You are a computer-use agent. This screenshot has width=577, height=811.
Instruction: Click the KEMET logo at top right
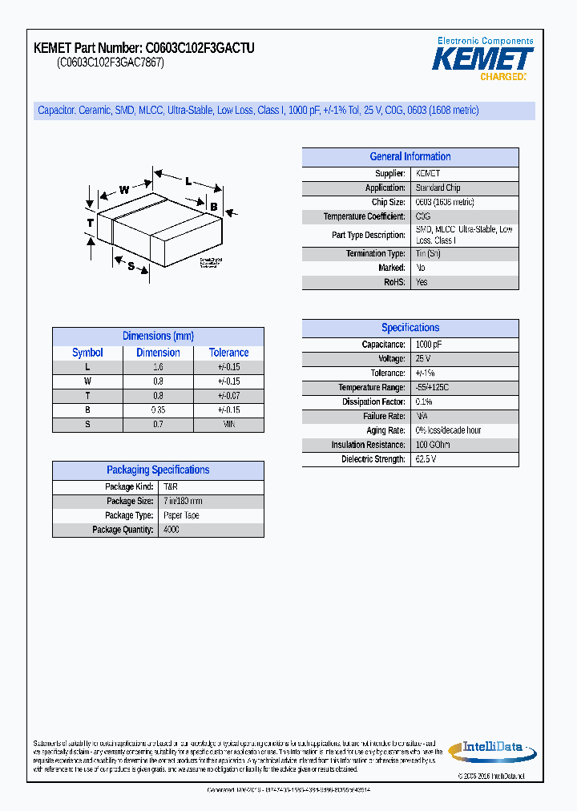pos(482,59)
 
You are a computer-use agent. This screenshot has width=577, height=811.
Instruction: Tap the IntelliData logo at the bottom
pos(491,751)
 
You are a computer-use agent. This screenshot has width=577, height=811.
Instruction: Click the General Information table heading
pos(410,157)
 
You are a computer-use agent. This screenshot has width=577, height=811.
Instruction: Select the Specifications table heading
pos(410,328)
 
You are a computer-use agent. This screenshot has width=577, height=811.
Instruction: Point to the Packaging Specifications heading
pos(158,470)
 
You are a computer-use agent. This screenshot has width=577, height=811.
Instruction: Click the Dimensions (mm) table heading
pos(158,337)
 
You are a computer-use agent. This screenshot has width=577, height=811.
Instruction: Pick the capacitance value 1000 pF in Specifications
pos(429,345)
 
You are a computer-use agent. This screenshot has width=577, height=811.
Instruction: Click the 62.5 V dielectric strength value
pos(426,459)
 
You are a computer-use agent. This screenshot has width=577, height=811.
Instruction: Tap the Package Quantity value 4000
pos(171,530)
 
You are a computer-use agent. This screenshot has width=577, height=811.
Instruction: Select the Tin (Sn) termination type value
pos(428,253)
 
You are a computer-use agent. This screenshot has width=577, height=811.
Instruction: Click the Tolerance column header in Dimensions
pos(228,353)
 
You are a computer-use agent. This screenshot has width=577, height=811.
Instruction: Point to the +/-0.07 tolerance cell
pos(228,396)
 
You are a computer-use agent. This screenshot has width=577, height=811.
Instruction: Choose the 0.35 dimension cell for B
pos(158,410)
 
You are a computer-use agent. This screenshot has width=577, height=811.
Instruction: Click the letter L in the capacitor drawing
pos(188,182)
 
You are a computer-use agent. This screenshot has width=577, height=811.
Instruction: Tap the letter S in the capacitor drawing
pos(131,266)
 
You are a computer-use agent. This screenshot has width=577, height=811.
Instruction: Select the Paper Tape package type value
pos(181,515)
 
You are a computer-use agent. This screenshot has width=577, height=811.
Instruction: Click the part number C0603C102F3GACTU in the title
pos(200,49)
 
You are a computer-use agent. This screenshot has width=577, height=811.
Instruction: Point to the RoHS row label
pos(394,282)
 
